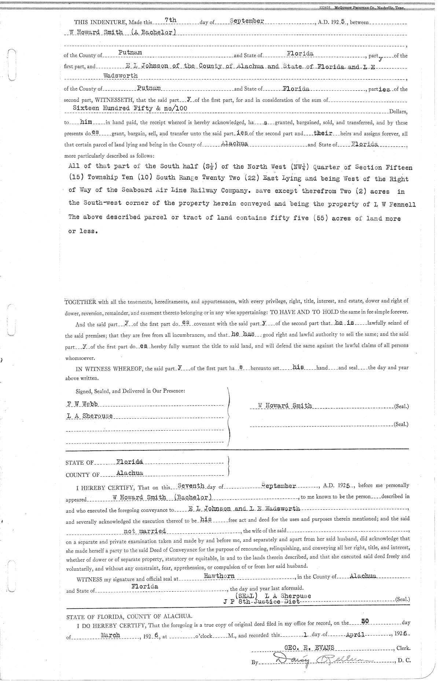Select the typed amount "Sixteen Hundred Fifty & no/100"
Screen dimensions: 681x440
(130, 108)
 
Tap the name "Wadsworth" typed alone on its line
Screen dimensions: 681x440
(121, 76)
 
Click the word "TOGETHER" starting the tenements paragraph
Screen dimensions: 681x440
(80, 302)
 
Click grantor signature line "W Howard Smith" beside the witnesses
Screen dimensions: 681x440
(285, 406)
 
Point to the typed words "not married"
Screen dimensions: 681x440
(144, 531)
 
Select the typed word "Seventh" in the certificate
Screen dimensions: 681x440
(191, 486)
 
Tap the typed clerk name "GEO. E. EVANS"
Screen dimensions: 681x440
(309, 647)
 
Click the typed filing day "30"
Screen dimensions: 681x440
(364, 621)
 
